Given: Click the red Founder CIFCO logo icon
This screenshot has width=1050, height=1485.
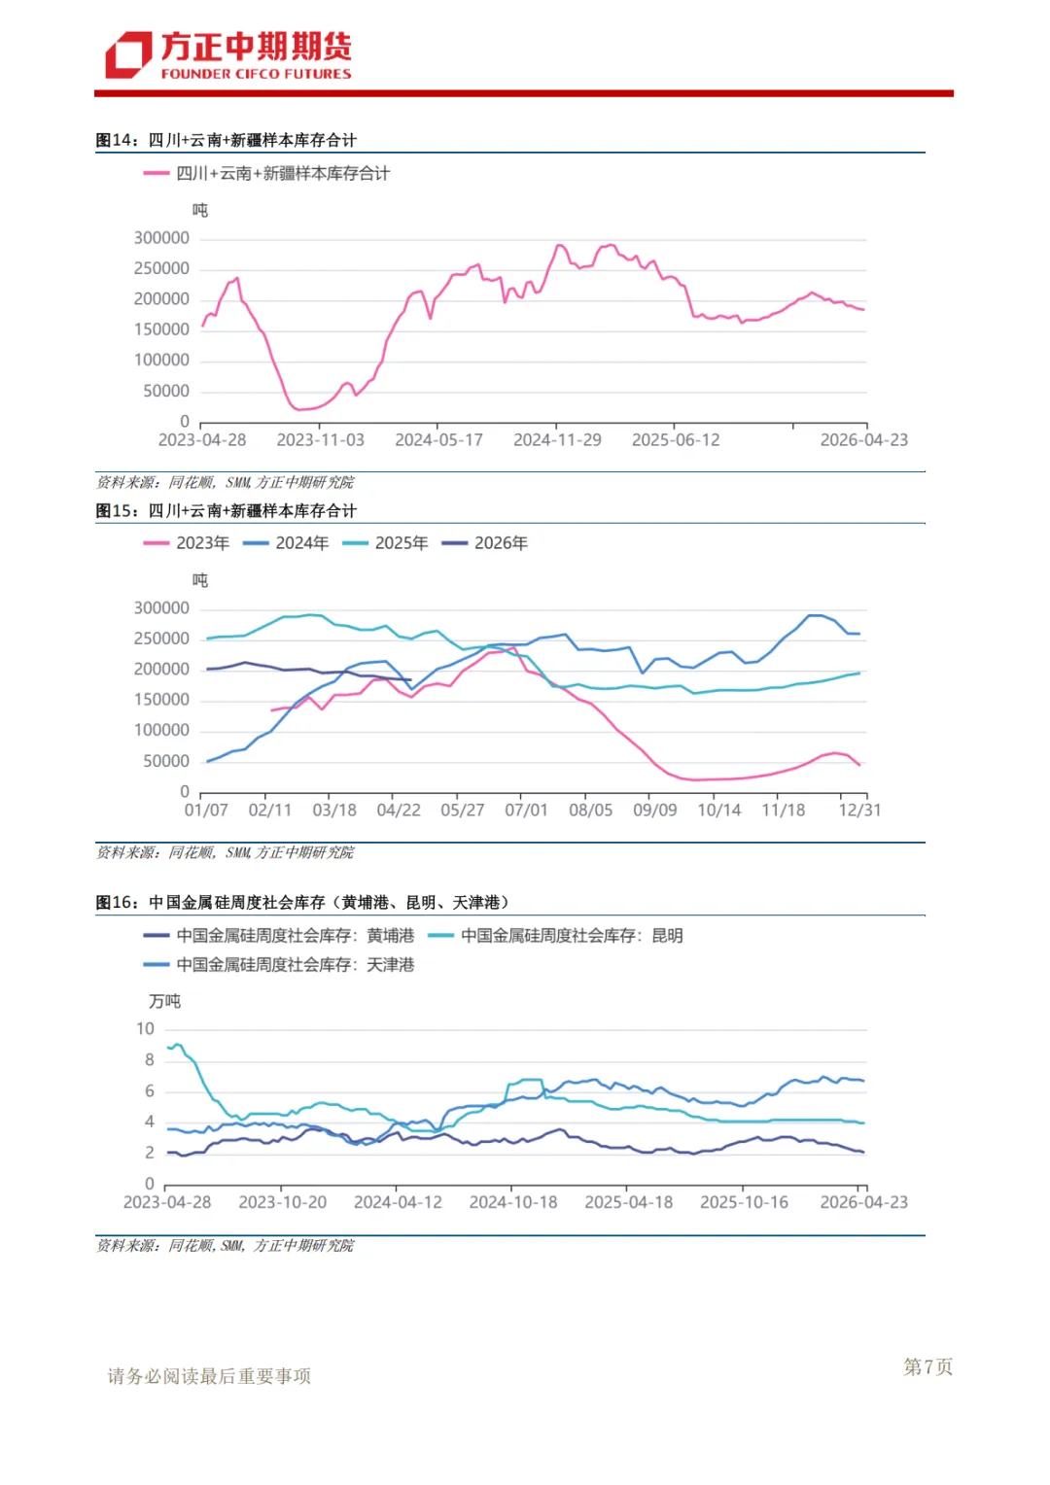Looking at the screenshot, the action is tap(128, 54).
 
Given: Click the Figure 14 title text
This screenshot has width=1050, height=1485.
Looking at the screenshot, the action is tap(227, 140).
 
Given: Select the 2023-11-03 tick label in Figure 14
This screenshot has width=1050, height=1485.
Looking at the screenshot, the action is tap(321, 440).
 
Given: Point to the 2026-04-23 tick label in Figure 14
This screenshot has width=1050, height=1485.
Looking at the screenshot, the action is tap(863, 440).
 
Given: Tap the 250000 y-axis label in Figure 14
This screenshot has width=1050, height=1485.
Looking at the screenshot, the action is tap(161, 268).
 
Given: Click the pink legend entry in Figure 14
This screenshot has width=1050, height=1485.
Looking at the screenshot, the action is tap(266, 174).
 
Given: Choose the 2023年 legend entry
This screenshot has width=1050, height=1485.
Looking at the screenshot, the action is tap(187, 543).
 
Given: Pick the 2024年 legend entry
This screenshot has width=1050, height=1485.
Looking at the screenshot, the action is tap(286, 543).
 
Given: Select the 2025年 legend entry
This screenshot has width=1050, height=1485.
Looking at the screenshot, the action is tap(385, 543).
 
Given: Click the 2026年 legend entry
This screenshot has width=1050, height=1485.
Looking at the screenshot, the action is tap(485, 543).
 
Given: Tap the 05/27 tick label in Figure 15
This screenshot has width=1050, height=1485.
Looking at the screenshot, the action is tap(463, 811).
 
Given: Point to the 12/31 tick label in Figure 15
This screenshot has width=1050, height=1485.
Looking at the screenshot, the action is tap(859, 811).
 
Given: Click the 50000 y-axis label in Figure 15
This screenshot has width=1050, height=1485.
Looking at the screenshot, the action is tap(166, 761).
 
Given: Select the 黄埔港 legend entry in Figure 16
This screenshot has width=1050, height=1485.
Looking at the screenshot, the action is tap(279, 936).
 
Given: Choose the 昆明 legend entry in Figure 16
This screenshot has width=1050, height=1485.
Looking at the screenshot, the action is tap(555, 936).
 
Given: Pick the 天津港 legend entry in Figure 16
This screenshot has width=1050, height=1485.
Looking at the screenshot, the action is tap(279, 965).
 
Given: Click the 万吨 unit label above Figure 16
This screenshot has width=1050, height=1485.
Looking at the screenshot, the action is tap(164, 1001).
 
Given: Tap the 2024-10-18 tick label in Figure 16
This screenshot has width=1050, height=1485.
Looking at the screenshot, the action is tap(513, 1202).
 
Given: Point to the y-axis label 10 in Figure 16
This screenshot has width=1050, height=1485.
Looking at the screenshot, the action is tap(145, 1029).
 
